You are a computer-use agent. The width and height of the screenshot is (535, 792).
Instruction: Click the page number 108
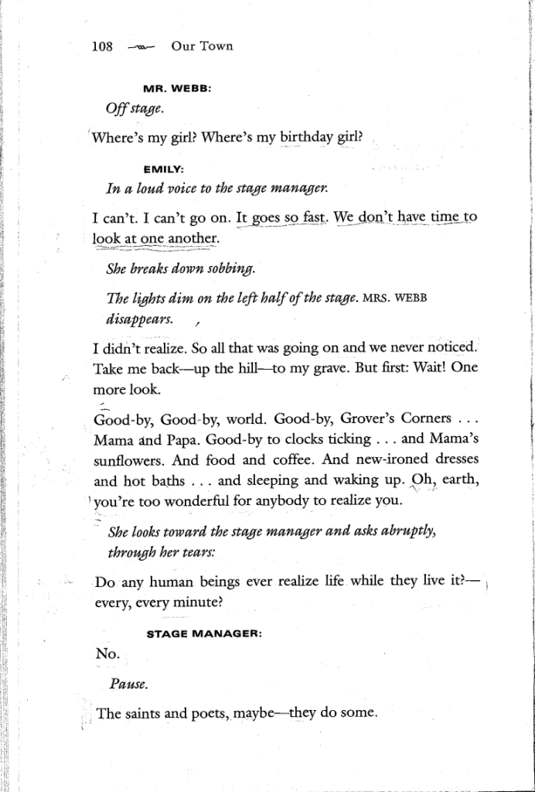103,46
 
